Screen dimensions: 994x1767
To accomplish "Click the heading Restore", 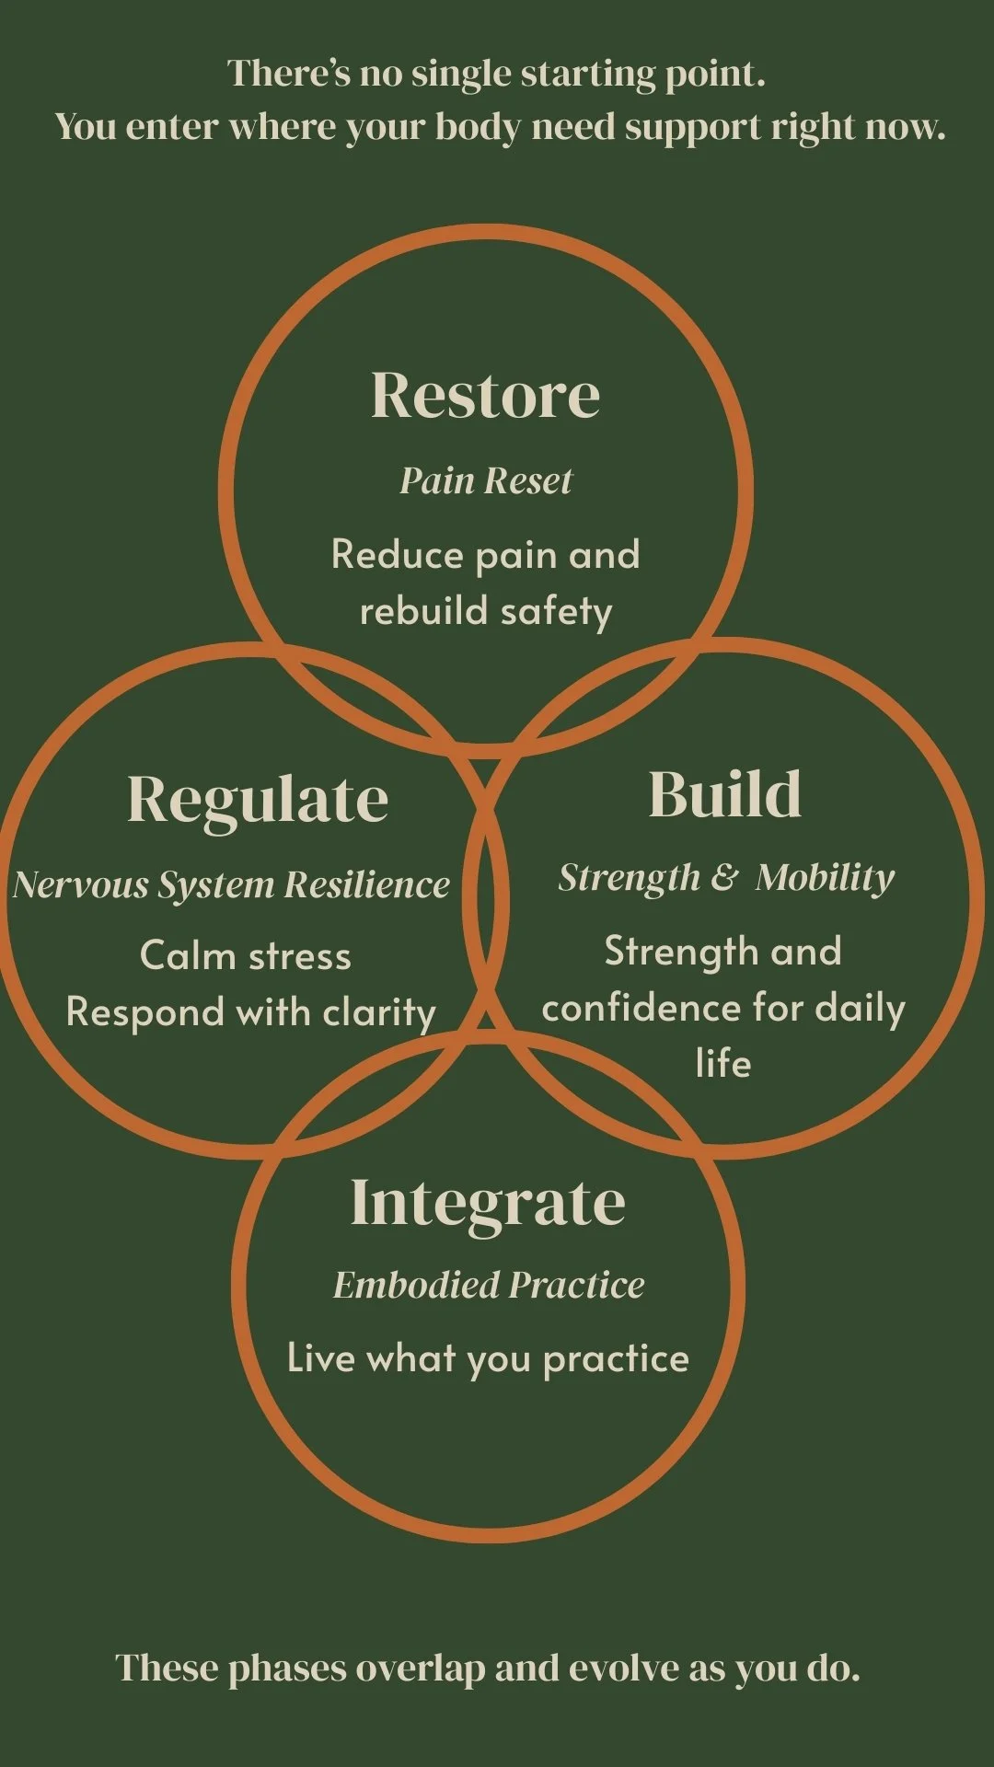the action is point(485,395).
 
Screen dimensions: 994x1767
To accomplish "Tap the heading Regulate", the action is point(258,799).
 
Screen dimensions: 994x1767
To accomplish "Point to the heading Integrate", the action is point(488,1202).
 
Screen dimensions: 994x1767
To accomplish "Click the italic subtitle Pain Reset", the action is point(485,480).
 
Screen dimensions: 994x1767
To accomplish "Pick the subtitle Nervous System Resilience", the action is point(231,884).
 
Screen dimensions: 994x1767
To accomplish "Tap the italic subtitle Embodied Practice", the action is point(489,1285).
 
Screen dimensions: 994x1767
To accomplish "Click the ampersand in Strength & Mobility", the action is point(724,878).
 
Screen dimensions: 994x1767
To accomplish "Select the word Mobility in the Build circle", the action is point(825,878).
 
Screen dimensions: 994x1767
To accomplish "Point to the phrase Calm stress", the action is point(246,956).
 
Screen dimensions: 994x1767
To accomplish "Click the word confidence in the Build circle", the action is point(641,1009).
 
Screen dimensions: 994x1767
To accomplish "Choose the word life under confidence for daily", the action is point(723,1064).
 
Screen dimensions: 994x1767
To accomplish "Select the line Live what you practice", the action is point(488,1359).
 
